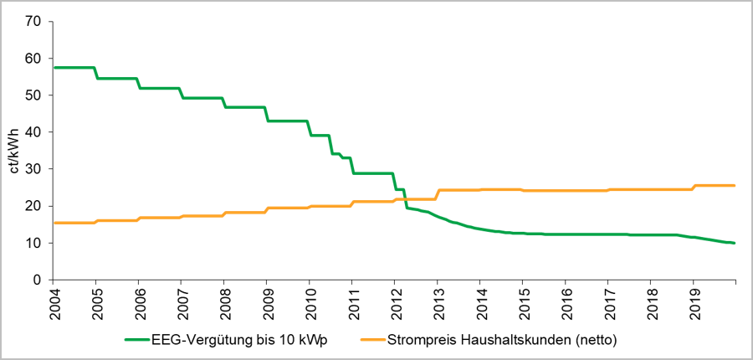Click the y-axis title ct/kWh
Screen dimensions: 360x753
pos(13,151)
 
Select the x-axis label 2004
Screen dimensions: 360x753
pos(54,302)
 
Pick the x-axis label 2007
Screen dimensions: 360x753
pos(182,302)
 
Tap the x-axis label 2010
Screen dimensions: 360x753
pos(310,302)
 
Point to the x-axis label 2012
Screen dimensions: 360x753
pos(395,302)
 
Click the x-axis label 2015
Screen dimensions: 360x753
pos(523,302)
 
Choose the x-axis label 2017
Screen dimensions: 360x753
pos(608,302)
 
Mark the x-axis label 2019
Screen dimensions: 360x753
pos(694,302)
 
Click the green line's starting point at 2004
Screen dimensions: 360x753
pos(54,67)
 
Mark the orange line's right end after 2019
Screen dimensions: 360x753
pos(734,185)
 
